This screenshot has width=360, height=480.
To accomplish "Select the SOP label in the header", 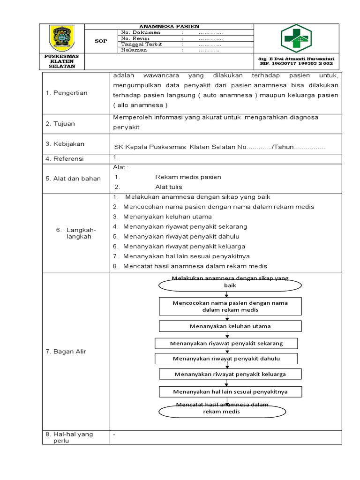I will (101, 41).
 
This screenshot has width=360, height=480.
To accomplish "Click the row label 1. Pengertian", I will (67, 93).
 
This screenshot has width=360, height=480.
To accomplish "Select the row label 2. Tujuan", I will (60, 124).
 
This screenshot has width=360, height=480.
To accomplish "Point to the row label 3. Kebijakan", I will (65, 144).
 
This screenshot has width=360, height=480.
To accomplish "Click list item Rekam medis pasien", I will (188, 177).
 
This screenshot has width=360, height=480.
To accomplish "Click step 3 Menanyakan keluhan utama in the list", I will (167, 217).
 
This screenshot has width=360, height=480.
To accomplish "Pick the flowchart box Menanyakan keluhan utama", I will (230, 326).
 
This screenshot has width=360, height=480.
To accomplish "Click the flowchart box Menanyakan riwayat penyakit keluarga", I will (230, 374).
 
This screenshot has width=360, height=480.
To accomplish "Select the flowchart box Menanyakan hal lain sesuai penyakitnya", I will (230, 391).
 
